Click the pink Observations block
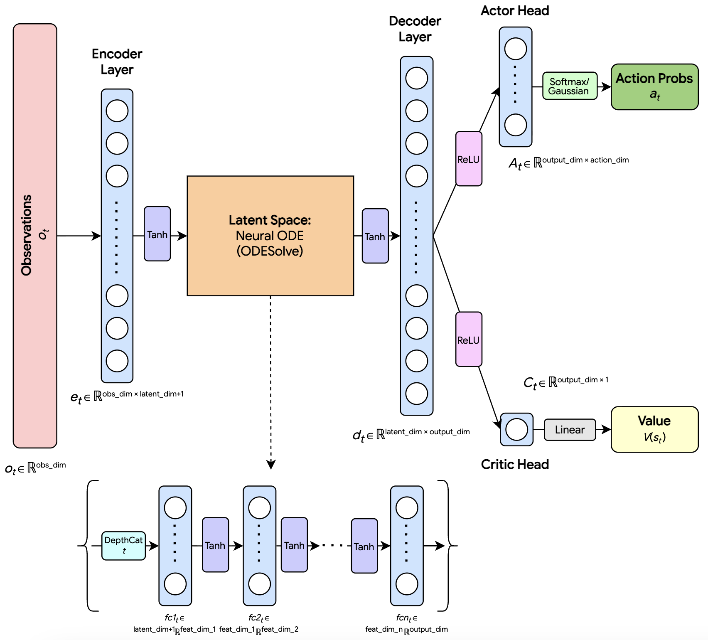click(x=35, y=236)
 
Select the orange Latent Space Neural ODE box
click(x=270, y=236)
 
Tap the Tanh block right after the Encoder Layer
click(x=157, y=234)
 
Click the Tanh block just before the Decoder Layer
click(x=375, y=236)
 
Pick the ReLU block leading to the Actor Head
click(x=469, y=159)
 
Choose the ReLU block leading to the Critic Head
click(x=469, y=339)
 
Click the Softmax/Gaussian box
click(x=570, y=86)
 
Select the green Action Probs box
click(x=654, y=87)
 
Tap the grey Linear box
click(x=570, y=430)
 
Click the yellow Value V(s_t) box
click(x=654, y=429)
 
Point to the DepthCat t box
click(x=123, y=546)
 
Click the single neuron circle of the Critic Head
click(x=516, y=429)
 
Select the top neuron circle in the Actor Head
click(x=516, y=49)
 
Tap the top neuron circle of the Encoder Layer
click(x=117, y=111)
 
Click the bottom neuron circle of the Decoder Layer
click(x=417, y=394)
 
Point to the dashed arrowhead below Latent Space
click(x=271, y=465)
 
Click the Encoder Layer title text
click(x=117, y=62)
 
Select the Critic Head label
click(x=515, y=464)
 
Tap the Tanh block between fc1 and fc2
click(x=215, y=545)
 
